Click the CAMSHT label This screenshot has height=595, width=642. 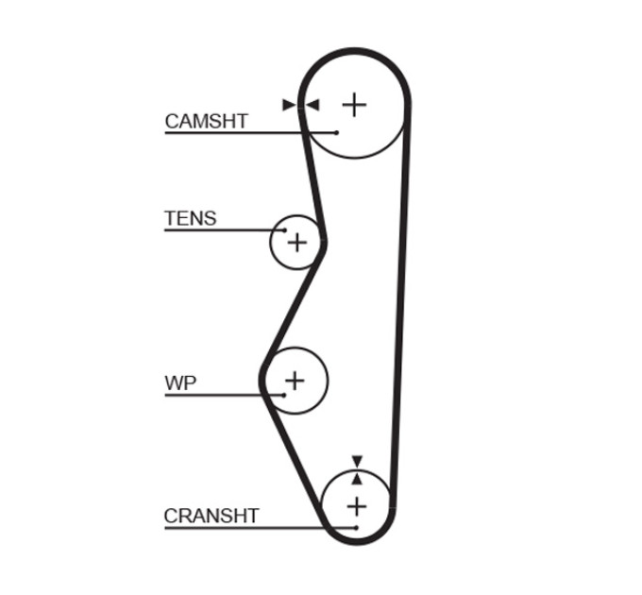point(207,121)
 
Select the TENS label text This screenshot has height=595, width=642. point(191,218)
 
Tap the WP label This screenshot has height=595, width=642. point(180,382)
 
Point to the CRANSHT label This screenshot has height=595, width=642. point(211,516)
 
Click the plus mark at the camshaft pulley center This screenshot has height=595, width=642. point(354,105)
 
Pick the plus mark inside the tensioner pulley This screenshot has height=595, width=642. point(297,243)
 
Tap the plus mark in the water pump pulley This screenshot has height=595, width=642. point(295,381)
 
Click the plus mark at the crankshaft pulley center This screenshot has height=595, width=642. point(357,507)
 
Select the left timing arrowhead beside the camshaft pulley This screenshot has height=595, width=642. point(289,105)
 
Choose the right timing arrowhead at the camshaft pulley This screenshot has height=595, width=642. point(313,105)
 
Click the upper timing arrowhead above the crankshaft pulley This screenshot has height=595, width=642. point(357,461)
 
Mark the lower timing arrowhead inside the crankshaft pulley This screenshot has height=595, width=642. point(357,479)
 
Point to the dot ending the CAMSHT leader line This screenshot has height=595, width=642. point(336,132)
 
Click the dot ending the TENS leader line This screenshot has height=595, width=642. point(284,230)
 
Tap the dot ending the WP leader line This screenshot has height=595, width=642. point(284,395)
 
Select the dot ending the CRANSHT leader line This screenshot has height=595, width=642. point(356,528)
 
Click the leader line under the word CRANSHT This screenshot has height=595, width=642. point(261,528)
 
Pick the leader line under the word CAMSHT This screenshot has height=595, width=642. point(250,132)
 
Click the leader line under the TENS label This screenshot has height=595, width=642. point(225,230)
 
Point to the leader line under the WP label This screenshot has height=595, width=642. point(224,395)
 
